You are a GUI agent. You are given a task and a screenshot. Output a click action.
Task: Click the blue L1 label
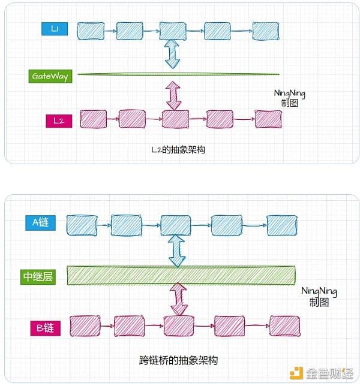[53, 29]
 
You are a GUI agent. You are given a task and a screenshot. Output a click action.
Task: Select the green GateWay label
[50, 76]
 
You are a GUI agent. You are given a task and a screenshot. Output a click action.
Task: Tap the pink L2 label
[58, 120]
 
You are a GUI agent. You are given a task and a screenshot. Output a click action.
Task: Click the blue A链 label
[40, 222]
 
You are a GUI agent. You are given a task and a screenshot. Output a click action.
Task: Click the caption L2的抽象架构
[178, 150]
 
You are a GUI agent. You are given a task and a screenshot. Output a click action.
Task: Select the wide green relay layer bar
[181, 275]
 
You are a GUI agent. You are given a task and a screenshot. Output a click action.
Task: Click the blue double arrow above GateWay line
[173, 53]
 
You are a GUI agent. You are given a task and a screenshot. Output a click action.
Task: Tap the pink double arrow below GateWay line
[173, 95]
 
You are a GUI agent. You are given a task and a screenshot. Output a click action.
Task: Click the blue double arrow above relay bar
[176, 250]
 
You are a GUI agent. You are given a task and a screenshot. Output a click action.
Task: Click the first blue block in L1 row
[91, 31]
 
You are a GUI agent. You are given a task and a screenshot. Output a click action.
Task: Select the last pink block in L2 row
[268, 119]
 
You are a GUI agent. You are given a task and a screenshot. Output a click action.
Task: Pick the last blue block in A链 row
[281, 225]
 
